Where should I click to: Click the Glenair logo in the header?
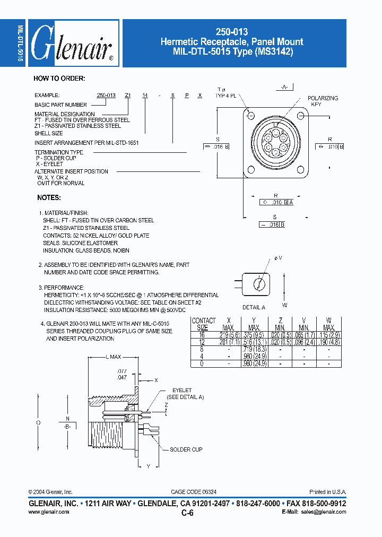72,44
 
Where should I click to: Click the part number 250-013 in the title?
234,32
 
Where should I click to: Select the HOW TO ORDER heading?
59,79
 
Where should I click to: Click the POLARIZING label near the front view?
323,99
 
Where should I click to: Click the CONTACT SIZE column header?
204,324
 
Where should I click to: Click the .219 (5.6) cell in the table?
229,335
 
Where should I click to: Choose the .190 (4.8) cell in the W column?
328,343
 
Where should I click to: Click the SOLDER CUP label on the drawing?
186,449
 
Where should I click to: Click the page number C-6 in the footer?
187,513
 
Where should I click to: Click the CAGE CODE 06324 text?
194,492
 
